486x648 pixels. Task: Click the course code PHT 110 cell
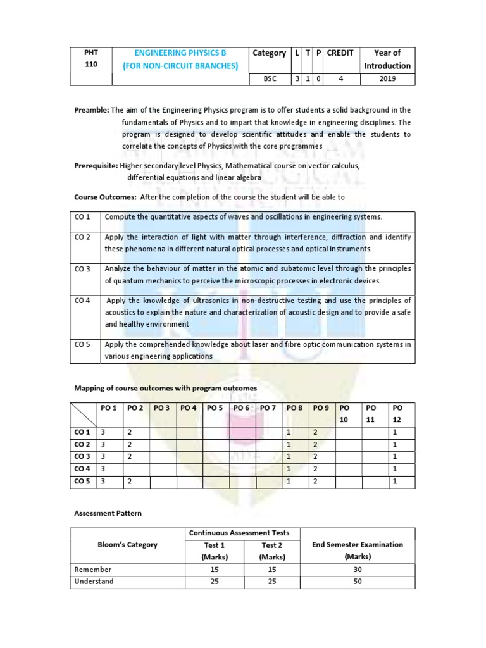click(x=91, y=59)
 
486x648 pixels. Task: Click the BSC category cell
click(x=269, y=80)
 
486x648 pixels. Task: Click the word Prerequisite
click(x=96, y=165)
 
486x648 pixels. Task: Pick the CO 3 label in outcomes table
click(x=83, y=269)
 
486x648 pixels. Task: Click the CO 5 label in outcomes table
click(x=83, y=345)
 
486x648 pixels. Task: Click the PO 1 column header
click(x=109, y=408)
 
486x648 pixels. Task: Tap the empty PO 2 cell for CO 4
click(x=136, y=470)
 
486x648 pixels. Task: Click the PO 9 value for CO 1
click(x=321, y=432)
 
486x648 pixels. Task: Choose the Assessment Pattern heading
click(x=106, y=513)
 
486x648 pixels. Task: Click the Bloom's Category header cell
click(x=127, y=545)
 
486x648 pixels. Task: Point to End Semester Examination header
click(x=358, y=545)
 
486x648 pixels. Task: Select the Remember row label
click(x=94, y=570)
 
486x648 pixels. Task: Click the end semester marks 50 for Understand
click(x=358, y=582)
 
